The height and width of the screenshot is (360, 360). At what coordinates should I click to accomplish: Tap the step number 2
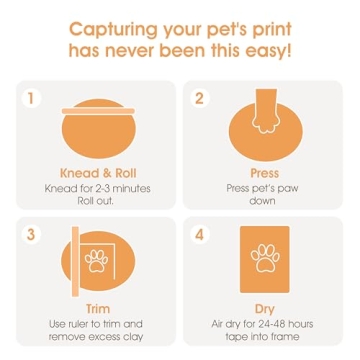199,98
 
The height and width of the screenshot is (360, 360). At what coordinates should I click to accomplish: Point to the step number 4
199,234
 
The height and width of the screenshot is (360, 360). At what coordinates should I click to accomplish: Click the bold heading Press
264,172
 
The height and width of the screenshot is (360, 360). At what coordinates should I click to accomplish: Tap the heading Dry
264,309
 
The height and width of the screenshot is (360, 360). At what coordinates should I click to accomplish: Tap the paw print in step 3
97,261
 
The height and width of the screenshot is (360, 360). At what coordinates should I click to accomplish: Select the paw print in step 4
264,259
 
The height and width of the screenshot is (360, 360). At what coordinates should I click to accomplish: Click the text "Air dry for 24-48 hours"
264,323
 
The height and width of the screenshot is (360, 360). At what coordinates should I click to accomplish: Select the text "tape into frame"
264,337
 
